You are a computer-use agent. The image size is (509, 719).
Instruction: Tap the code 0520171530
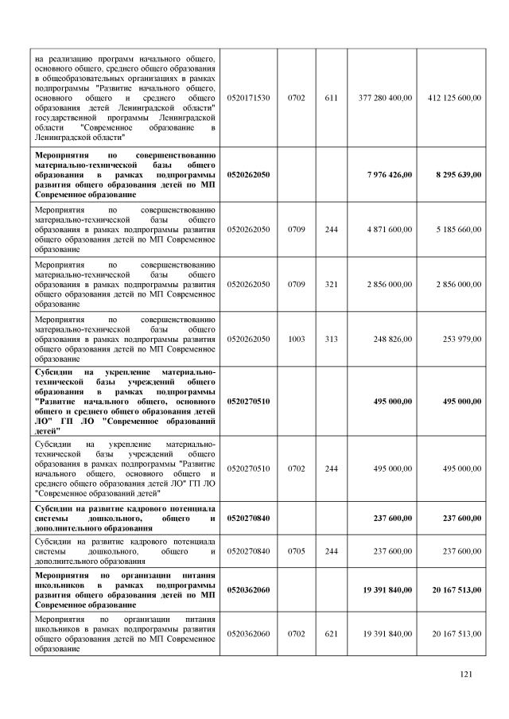[248, 98]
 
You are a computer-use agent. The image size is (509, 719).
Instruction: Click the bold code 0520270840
[248, 518]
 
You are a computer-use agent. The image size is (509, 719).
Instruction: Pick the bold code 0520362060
[248, 589]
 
